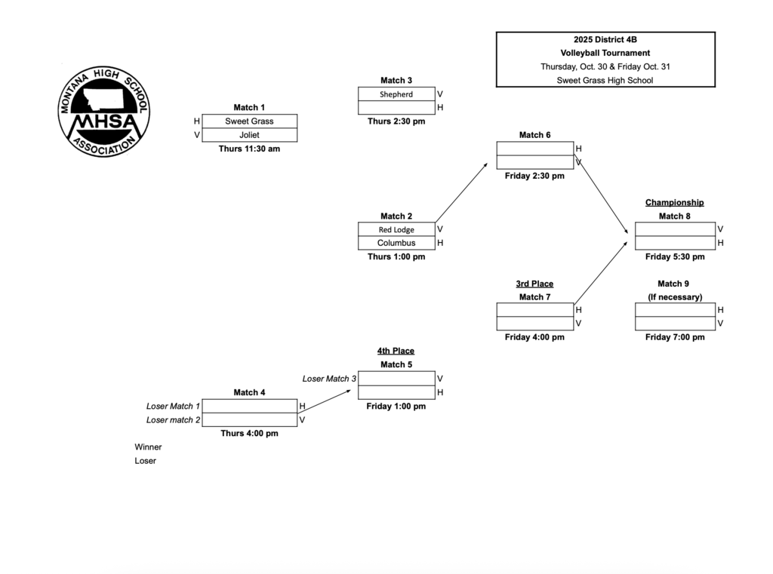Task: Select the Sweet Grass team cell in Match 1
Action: point(249,121)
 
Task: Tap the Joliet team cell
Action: point(249,135)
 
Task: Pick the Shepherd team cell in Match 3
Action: point(396,94)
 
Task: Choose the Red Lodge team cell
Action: point(396,229)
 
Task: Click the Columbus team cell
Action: point(396,243)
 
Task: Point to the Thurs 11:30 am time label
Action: point(249,149)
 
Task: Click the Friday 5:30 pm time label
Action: point(675,256)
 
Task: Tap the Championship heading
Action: point(675,202)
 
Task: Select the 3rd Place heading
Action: point(534,284)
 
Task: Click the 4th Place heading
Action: point(396,351)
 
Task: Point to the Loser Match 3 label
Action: point(329,379)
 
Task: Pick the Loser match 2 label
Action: point(174,419)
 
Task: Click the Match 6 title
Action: point(534,135)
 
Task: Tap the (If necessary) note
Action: point(675,297)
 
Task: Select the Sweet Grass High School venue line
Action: point(605,80)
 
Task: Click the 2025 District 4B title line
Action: point(605,39)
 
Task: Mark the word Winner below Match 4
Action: point(148,447)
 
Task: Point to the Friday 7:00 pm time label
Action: point(675,337)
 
